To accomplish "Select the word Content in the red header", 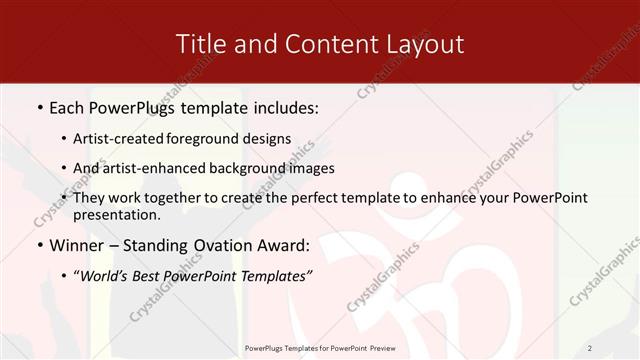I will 335,44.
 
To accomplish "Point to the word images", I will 311,168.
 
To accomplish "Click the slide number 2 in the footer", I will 590,348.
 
